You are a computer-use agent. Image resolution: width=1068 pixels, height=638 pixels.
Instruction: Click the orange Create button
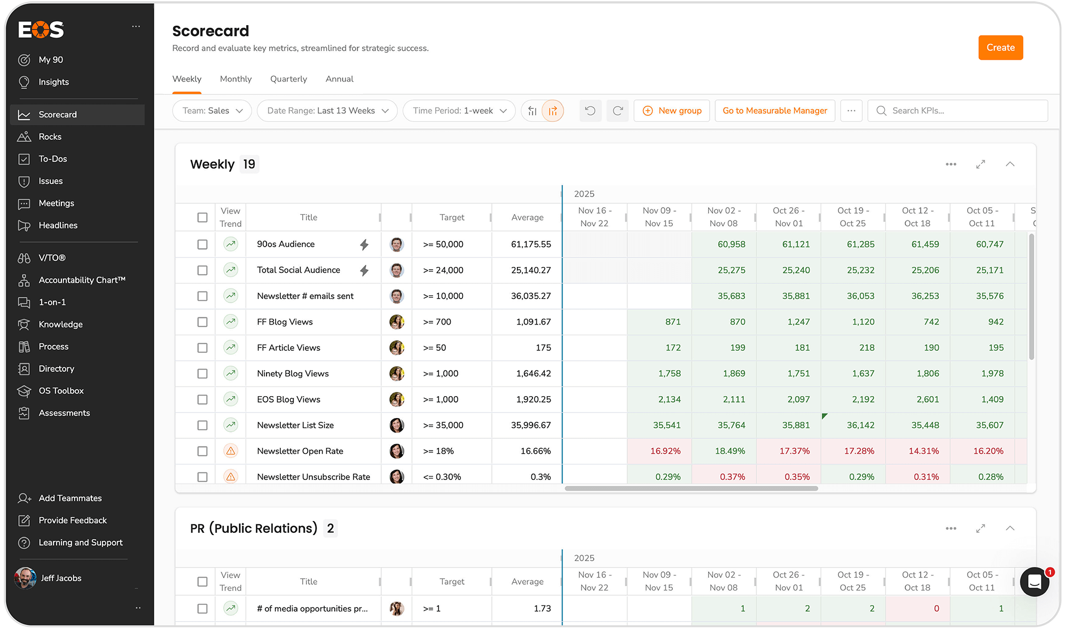click(1000, 48)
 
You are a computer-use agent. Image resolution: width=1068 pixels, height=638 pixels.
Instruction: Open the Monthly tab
click(235, 79)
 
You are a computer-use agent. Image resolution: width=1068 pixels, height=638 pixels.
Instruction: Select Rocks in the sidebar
click(50, 137)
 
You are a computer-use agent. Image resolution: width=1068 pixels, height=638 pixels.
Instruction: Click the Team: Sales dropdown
click(212, 111)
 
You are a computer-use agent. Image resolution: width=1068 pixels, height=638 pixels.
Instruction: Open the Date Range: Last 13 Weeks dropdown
click(327, 111)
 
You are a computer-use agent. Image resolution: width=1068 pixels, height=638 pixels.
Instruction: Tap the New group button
click(672, 111)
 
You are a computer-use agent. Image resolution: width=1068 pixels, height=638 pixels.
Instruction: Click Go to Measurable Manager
click(774, 111)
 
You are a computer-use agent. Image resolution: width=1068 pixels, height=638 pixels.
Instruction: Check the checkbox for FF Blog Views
click(202, 322)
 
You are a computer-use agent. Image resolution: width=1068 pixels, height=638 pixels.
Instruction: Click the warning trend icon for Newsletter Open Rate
click(231, 451)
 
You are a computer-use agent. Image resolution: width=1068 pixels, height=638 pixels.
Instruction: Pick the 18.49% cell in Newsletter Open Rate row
click(730, 451)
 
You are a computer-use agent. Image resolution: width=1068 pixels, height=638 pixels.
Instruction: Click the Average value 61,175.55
click(530, 245)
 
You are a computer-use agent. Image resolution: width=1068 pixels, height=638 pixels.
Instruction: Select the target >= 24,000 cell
click(443, 270)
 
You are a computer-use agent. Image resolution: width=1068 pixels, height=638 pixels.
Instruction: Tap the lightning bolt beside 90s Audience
click(364, 245)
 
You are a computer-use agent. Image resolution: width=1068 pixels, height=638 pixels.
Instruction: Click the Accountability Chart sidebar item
click(82, 280)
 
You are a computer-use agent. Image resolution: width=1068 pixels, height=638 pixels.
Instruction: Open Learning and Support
click(80, 542)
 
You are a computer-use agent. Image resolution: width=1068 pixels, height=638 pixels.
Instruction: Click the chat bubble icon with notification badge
click(1034, 581)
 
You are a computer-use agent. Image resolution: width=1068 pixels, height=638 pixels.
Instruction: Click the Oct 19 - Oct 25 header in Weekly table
click(853, 217)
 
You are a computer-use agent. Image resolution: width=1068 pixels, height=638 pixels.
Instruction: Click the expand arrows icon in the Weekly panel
click(980, 164)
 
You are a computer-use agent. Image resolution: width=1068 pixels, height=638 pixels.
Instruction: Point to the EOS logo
click(41, 30)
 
